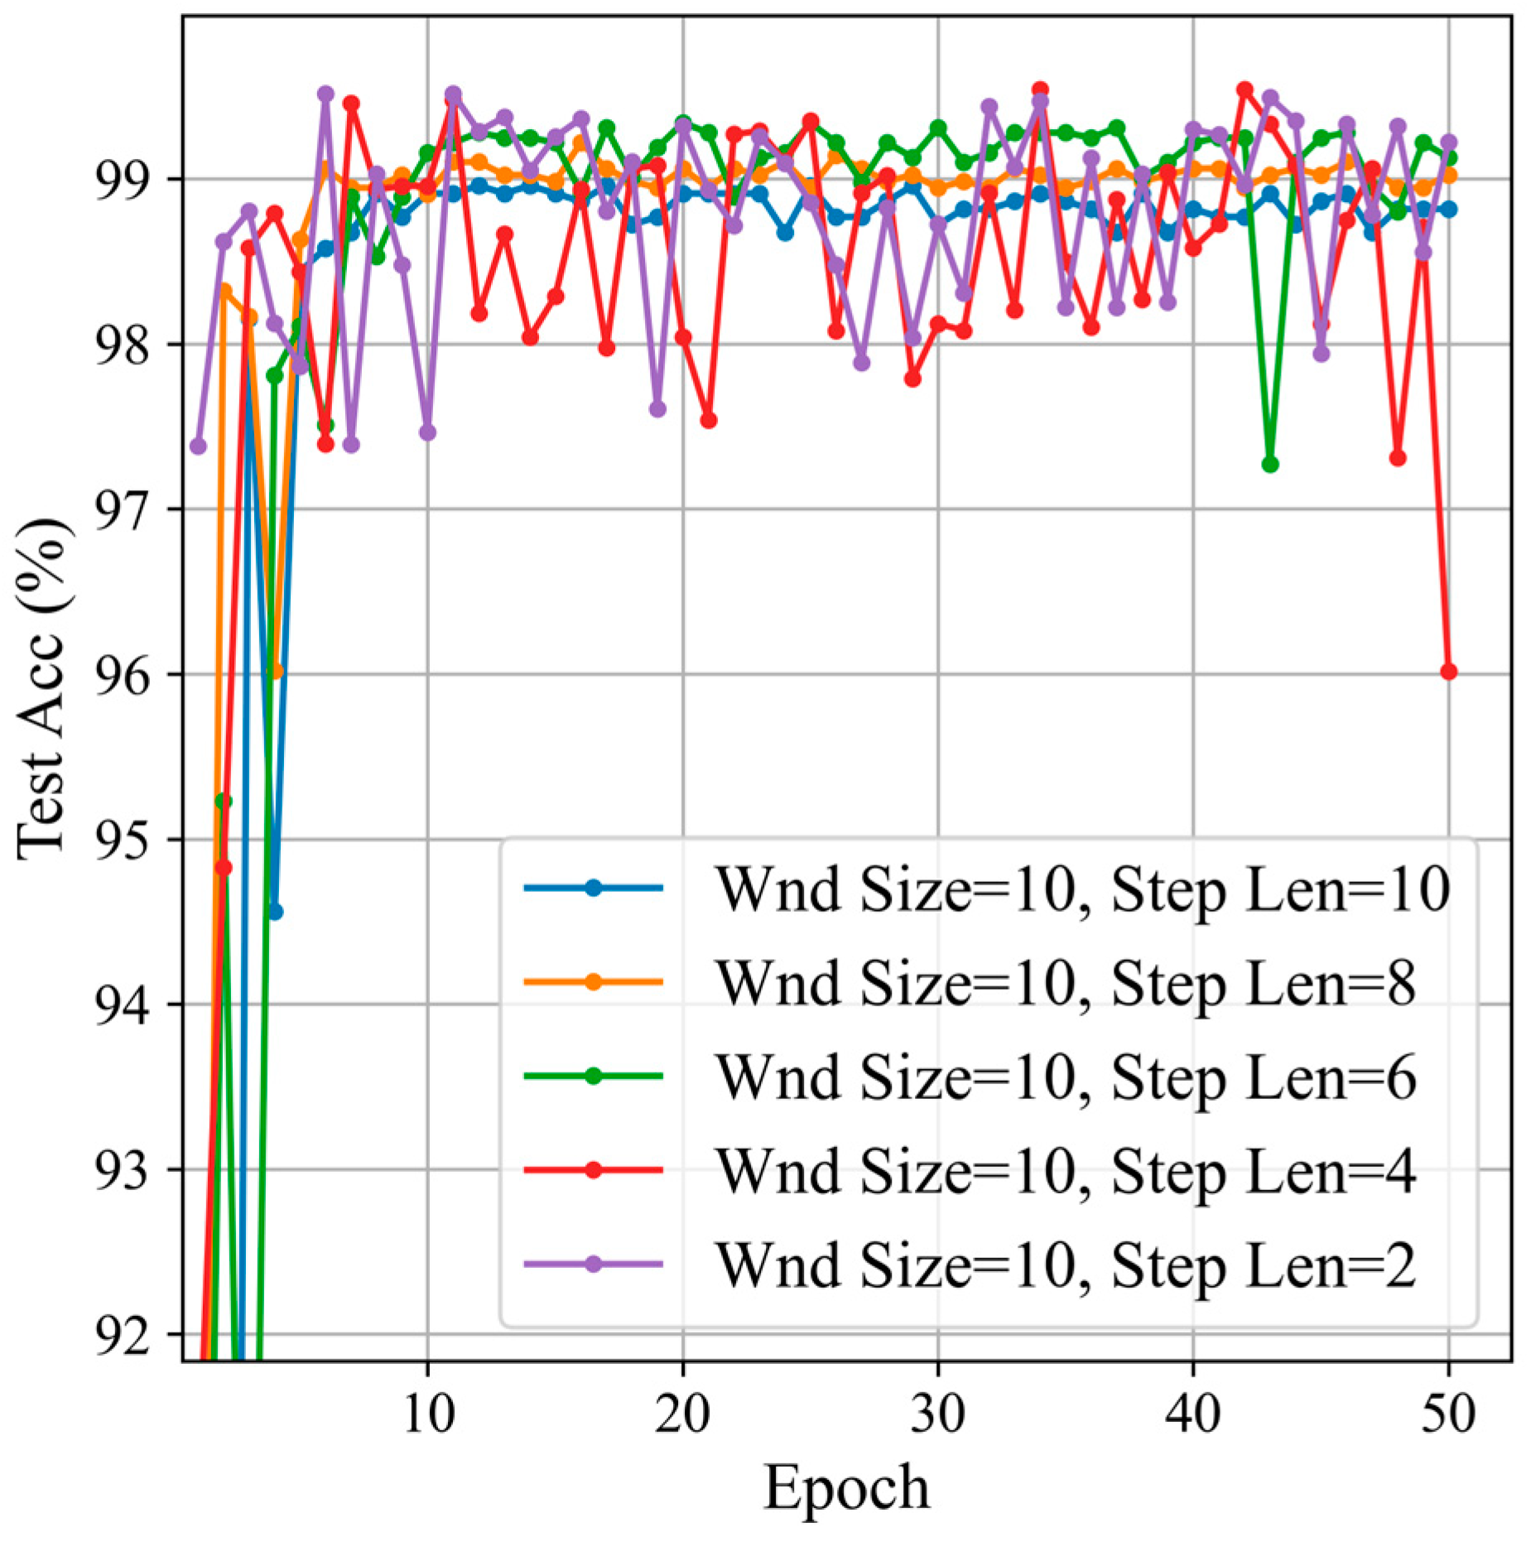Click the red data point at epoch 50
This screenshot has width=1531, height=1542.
[x=1448, y=672]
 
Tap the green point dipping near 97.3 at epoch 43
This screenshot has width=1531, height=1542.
[x=1269, y=465]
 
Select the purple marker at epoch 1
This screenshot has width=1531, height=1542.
[x=198, y=446]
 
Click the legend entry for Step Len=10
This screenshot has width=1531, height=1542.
[x=985, y=889]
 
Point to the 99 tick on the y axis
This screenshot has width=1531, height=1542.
[x=122, y=180]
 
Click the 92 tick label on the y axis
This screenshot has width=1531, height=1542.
[x=122, y=1335]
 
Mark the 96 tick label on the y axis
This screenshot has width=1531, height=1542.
[x=122, y=675]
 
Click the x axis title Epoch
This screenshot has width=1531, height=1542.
[x=846, y=1488]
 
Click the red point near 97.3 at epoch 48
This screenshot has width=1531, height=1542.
[x=1398, y=458]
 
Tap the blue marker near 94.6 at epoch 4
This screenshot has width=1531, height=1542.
[x=275, y=912]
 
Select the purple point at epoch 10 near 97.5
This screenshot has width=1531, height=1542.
[x=427, y=432]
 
